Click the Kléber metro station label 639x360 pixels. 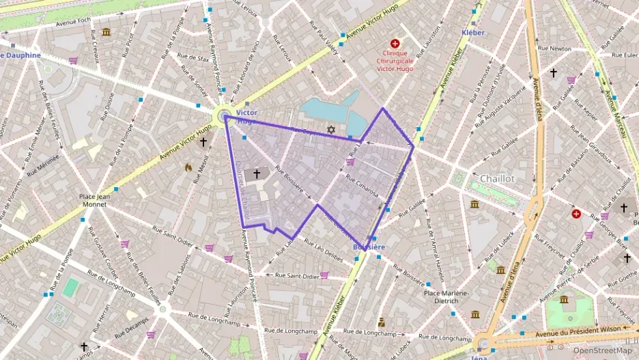click(472, 32)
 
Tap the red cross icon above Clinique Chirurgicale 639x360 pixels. click(395, 43)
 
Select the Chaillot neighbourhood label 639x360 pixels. click(497, 178)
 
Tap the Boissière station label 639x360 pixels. click(369, 247)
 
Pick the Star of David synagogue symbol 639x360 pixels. click(332, 129)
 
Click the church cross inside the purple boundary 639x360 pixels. click(257, 174)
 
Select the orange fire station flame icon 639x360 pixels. click(189, 166)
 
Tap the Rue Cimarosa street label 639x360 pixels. click(363, 185)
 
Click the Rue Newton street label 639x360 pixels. click(554, 49)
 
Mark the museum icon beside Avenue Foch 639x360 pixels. click(106, 31)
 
